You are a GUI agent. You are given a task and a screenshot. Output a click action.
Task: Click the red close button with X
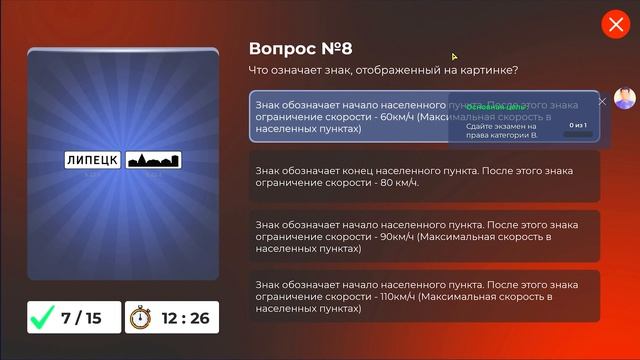(x=614, y=25)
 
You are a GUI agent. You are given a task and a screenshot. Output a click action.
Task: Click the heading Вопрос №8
(x=300, y=48)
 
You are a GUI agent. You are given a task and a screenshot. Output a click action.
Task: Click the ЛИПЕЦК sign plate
(x=93, y=160)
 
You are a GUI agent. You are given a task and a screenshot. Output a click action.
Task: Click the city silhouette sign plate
(x=153, y=160)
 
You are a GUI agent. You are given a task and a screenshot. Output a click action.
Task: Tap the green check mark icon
(x=42, y=318)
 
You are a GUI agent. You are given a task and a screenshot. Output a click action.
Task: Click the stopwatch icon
(x=140, y=318)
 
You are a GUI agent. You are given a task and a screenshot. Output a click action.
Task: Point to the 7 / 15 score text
(x=82, y=318)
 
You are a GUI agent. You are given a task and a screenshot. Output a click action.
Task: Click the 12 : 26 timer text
(x=185, y=318)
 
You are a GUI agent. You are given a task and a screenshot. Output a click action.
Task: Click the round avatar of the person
(x=624, y=98)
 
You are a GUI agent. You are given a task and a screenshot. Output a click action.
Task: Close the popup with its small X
(x=602, y=101)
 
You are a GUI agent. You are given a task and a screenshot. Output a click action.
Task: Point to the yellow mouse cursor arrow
(x=454, y=57)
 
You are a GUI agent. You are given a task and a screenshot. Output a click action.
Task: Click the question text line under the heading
(x=383, y=70)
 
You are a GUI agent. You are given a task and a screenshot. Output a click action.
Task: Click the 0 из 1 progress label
(x=578, y=126)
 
